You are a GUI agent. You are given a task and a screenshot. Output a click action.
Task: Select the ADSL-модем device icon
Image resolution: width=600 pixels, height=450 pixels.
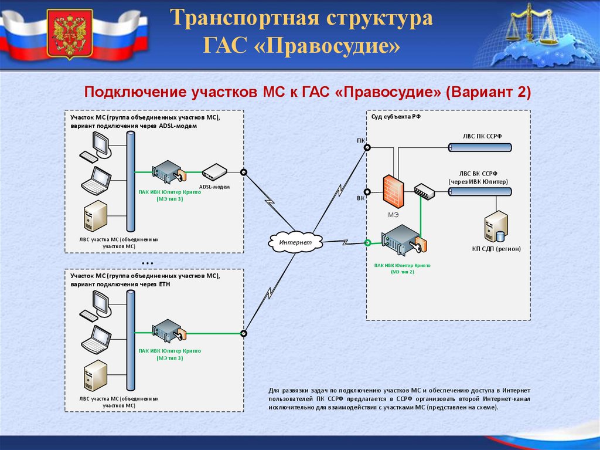214,172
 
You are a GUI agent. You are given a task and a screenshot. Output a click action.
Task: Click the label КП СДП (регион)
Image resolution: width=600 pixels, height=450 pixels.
496,249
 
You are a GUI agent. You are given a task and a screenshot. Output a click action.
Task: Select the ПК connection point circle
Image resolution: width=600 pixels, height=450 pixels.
367,147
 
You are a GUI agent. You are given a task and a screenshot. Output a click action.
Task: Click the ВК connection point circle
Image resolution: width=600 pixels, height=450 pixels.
367,191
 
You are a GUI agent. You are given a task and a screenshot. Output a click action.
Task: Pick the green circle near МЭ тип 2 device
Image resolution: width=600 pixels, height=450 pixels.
368,241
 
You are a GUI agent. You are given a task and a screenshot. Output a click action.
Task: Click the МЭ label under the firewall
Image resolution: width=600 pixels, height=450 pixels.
393,214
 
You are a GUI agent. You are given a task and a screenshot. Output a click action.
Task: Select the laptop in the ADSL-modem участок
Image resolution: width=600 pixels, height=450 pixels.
96,180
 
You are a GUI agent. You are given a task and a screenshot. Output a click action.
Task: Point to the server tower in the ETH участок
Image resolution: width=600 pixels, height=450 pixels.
96,378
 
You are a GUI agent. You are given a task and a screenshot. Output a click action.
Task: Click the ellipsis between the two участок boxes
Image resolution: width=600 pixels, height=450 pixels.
147,262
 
